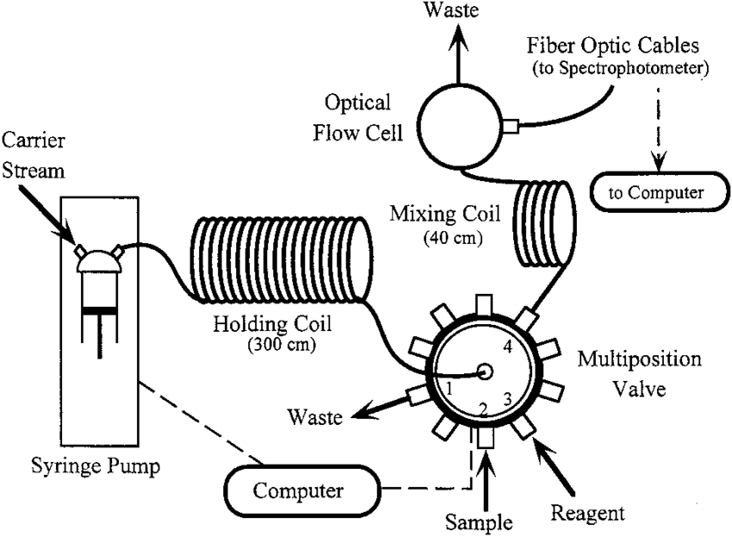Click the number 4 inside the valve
coord(507,348)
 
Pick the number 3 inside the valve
coord(508,398)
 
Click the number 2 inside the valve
coord(483,408)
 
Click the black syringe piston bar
coord(101,309)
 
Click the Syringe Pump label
coord(84,466)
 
